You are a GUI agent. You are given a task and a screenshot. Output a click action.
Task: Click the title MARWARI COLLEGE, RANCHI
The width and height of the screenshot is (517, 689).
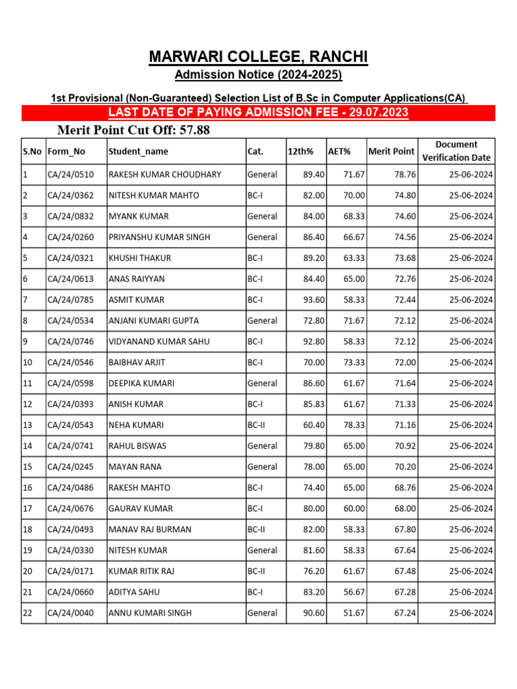click(258, 57)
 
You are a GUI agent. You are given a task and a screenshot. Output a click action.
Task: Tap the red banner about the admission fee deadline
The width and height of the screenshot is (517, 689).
click(258, 112)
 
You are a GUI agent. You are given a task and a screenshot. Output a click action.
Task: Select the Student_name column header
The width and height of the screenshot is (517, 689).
click(139, 151)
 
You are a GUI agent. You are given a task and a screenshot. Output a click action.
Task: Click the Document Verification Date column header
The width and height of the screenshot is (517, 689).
click(456, 151)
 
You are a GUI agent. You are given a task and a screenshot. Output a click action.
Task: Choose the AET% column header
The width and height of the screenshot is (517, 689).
click(339, 151)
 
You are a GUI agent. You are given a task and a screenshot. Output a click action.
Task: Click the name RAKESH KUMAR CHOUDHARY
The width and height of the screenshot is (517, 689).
click(165, 174)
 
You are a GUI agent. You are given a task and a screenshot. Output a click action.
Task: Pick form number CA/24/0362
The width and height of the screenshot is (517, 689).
click(71, 195)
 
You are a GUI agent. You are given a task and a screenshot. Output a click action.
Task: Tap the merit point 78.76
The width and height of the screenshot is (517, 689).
click(405, 174)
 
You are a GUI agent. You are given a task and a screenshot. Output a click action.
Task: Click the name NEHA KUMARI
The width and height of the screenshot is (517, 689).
click(136, 425)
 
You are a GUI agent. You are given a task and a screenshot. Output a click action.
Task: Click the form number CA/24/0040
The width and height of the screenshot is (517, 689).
click(71, 612)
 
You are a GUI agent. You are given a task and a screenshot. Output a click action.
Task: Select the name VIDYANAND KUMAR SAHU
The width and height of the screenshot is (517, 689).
click(159, 341)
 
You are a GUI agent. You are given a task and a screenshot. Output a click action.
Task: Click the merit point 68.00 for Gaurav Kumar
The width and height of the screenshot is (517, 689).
click(405, 508)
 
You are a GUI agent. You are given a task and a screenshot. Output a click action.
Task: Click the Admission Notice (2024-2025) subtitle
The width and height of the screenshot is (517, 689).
click(258, 75)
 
